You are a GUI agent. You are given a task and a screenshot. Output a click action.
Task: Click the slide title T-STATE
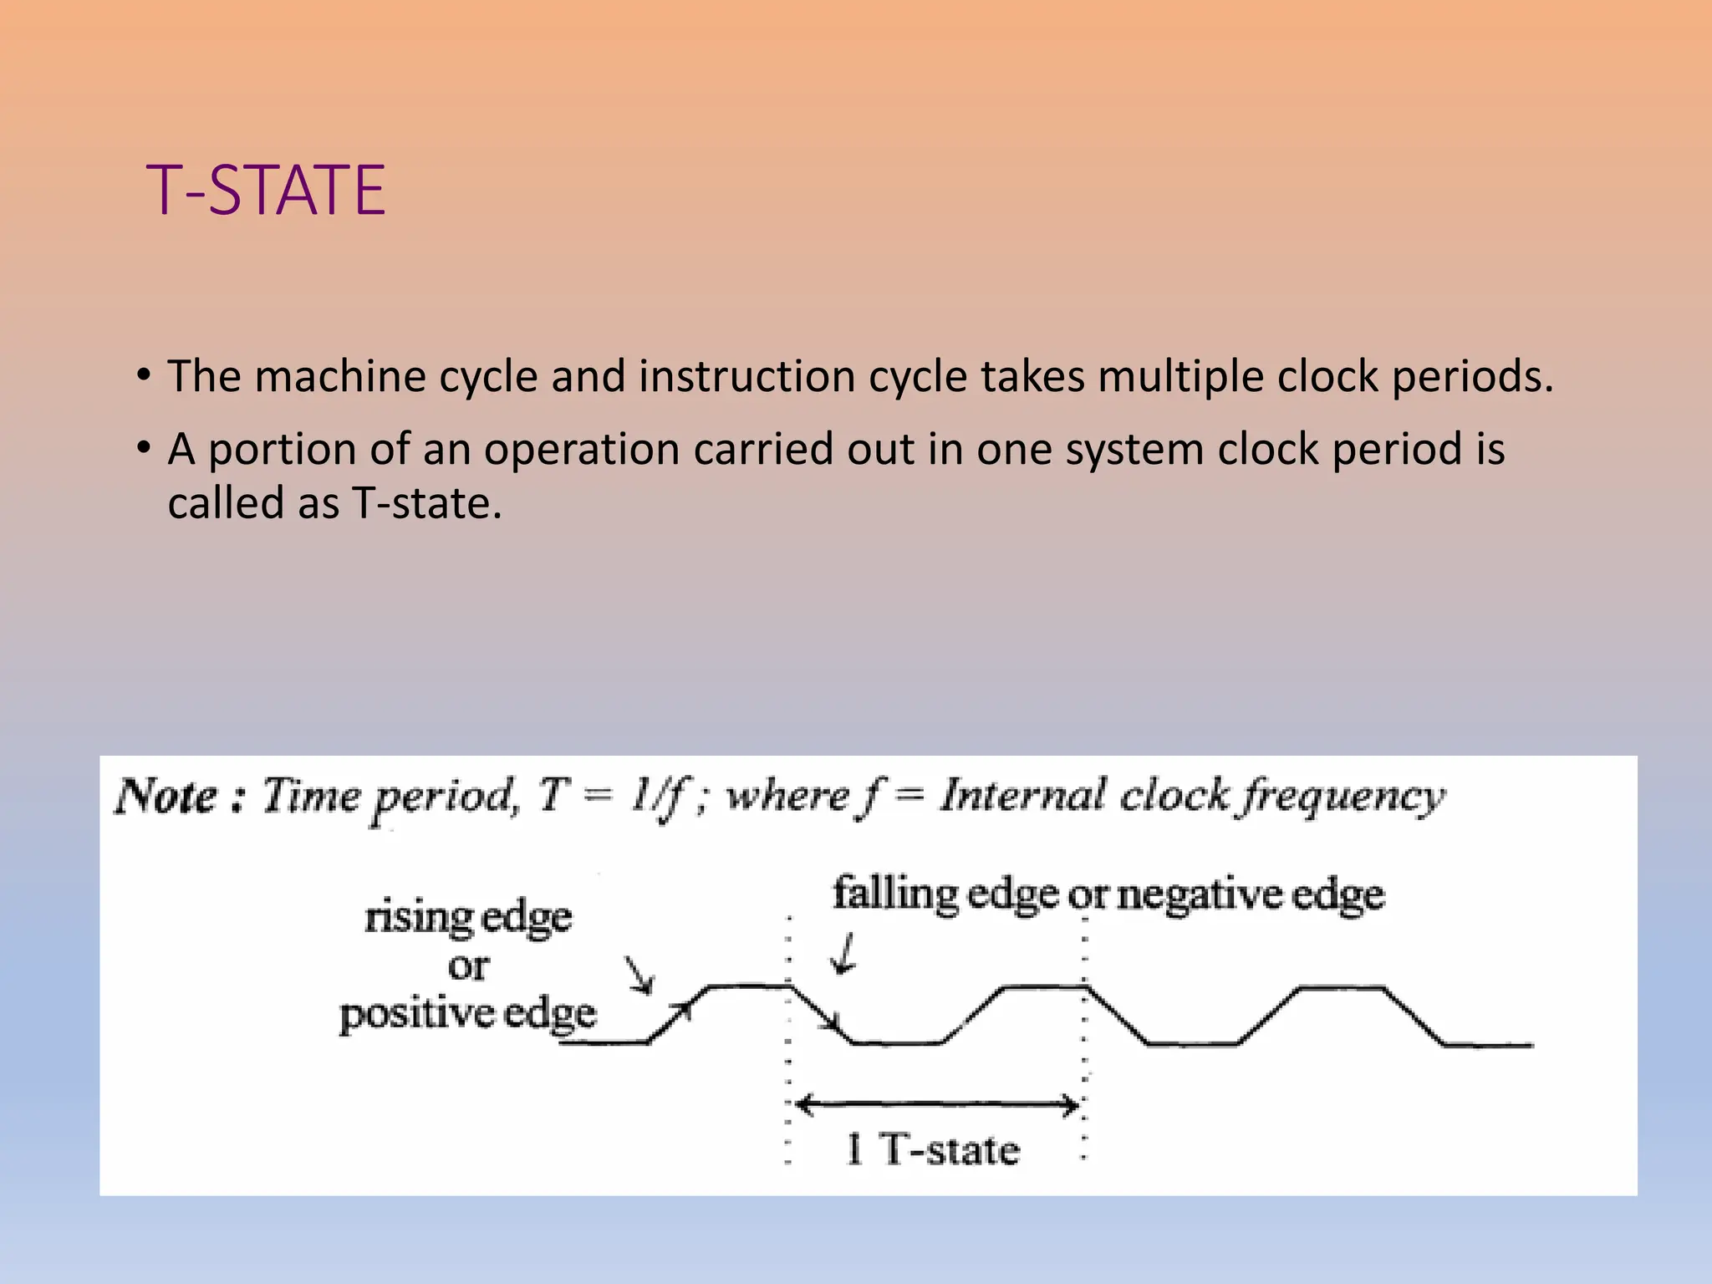[x=266, y=191]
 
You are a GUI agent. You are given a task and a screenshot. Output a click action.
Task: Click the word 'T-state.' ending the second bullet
[x=427, y=503]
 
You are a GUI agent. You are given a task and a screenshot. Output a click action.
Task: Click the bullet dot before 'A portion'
[x=144, y=447]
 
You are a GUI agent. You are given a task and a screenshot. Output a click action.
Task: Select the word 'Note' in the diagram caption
[x=166, y=796]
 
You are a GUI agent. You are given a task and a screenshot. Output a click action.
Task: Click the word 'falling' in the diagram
[x=894, y=894]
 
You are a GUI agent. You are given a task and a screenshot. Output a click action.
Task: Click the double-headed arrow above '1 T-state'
[x=936, y=1106]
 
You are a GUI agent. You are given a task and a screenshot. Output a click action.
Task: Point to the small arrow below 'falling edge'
[x=845, y=955]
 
